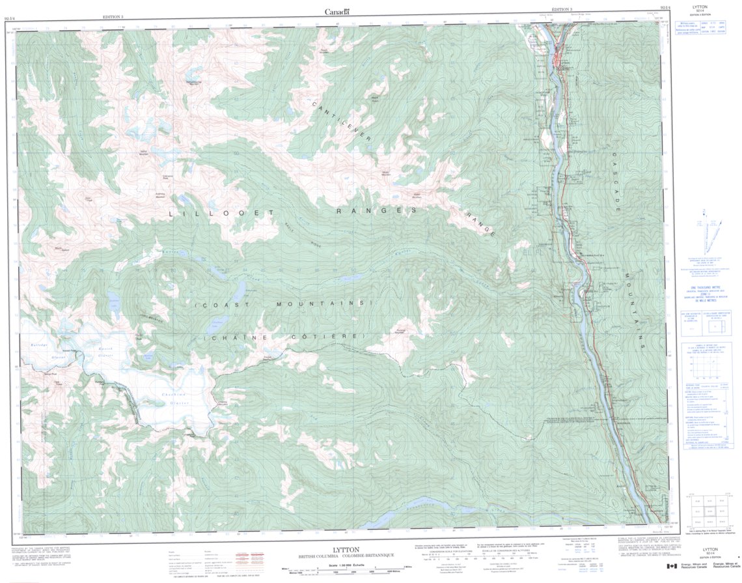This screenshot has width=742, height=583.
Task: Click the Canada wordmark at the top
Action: click(337, 11)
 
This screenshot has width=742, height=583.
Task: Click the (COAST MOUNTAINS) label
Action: click(282, 304)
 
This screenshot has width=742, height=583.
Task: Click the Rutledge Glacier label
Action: click(40, 349)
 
